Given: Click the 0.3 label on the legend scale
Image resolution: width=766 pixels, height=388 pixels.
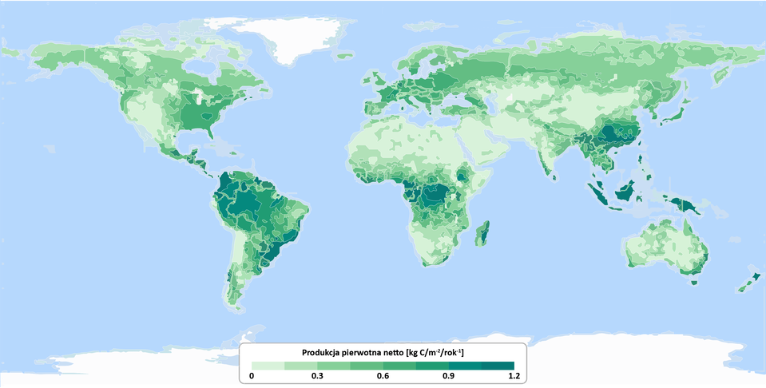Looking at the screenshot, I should click(317, 375).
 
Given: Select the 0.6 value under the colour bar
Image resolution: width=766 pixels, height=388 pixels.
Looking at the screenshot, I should click(383, 375).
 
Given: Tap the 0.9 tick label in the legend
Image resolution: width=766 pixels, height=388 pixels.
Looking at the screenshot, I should click(448, 375).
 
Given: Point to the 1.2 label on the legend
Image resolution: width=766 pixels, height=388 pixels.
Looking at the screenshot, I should click(514, 375).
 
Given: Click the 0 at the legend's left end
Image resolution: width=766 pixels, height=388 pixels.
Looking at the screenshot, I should click(252, 375).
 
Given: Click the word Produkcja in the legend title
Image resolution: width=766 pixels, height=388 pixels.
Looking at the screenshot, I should click(323, 352).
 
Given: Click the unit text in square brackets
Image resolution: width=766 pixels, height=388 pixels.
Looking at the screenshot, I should click(435, 352).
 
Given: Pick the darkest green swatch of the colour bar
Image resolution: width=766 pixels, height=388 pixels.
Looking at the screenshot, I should click(498, 365).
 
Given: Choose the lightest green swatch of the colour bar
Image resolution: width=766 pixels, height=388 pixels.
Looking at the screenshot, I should click(268, 365).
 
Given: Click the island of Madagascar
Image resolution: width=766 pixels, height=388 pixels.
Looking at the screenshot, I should click(482, 234).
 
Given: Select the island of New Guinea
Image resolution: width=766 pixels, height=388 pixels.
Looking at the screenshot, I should click(685, 205).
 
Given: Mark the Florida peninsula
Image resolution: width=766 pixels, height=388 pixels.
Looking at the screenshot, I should click(211, 132).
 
